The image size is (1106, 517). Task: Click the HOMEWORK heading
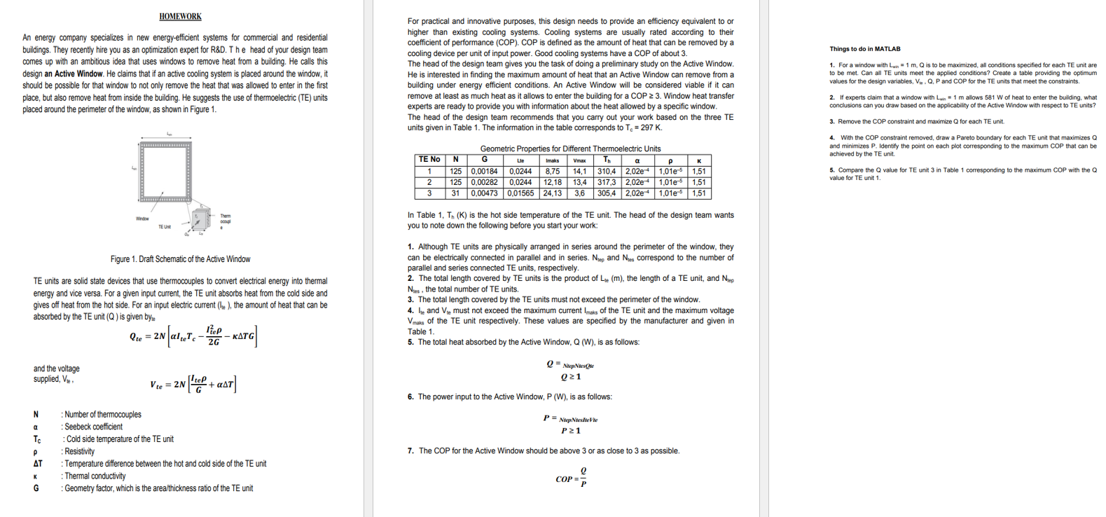pos(180,16)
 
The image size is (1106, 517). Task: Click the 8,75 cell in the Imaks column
pos(552,171)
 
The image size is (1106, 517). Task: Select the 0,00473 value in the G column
pos(485,193)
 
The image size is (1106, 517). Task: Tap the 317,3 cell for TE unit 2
pos(607,182)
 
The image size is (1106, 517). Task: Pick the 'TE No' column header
pos(429,160)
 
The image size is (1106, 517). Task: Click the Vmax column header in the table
pos(579,160)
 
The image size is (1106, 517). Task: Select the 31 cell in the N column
pos(455,193)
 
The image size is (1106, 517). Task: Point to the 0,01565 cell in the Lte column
pos(520,193)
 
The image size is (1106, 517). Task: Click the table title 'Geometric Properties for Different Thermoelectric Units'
pos(570,149)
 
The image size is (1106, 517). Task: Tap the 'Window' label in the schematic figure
pos(142,219)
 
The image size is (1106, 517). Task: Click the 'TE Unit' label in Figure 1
pos(165,226)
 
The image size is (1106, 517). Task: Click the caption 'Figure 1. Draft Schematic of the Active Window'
pos(180,259)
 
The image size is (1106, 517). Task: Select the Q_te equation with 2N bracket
pos(193,336)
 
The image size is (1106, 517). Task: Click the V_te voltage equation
pos(193,384)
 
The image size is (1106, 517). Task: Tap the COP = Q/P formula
pos(571,478)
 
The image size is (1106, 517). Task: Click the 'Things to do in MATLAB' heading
pos(865,49)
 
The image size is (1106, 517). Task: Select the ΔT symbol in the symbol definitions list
pos(37,464)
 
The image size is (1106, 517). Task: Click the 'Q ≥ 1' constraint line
pos(571,377)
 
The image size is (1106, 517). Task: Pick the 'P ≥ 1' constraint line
pos(571,431)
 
